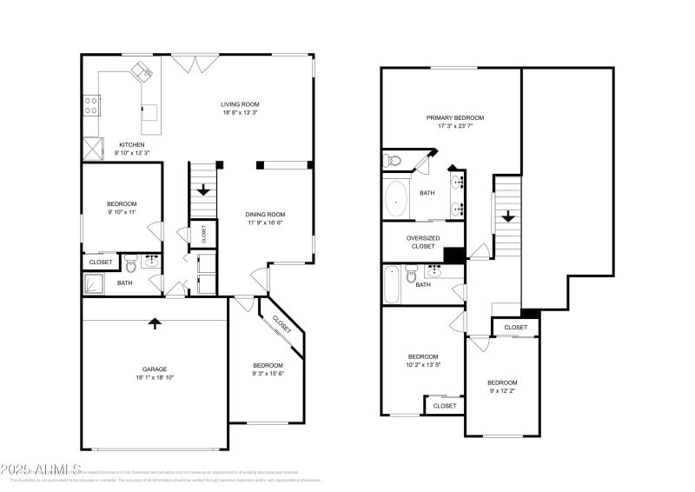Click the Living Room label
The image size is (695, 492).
coord(240,104)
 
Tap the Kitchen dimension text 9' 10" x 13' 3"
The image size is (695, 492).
coord(126,153)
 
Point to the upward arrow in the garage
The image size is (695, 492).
coord(155,323)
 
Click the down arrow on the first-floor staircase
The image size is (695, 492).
coord(202,189)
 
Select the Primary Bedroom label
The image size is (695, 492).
coord(454,117)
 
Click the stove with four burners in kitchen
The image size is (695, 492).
coord(90,105)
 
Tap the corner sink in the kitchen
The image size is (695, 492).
coord(141,71)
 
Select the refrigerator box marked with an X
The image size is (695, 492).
coord(91,147)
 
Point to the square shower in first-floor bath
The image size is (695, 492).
coord(94,283)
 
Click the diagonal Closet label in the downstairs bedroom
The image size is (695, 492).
coord(281,324)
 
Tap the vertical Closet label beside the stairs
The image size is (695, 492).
coord(203,233)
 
